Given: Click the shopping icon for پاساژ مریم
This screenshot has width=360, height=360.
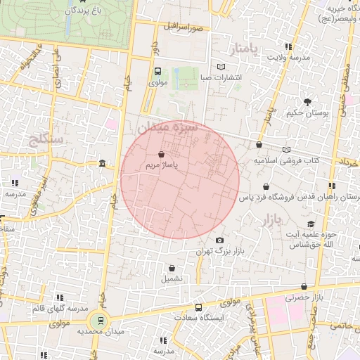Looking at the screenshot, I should click(162, 153).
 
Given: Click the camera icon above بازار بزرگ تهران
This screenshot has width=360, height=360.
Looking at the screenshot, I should click(219, 240).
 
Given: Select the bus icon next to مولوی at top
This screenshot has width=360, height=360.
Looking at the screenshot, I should click(157, 71).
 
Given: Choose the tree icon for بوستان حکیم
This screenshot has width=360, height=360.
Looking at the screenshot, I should click(307, 103).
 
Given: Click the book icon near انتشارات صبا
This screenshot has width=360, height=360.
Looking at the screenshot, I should click(221, 67).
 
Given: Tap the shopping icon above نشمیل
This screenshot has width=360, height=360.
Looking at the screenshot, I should click(172, 267).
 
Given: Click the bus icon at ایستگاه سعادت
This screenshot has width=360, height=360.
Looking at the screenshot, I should click(198, 307).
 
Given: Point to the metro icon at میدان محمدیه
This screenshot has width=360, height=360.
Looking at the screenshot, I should click(101, 320).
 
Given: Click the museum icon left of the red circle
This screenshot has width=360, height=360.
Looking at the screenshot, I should click(103, 164).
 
